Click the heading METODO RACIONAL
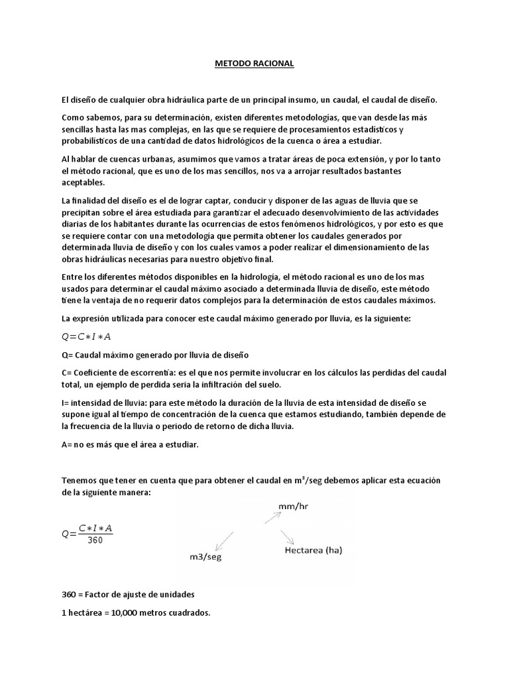[x=254, y=64]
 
